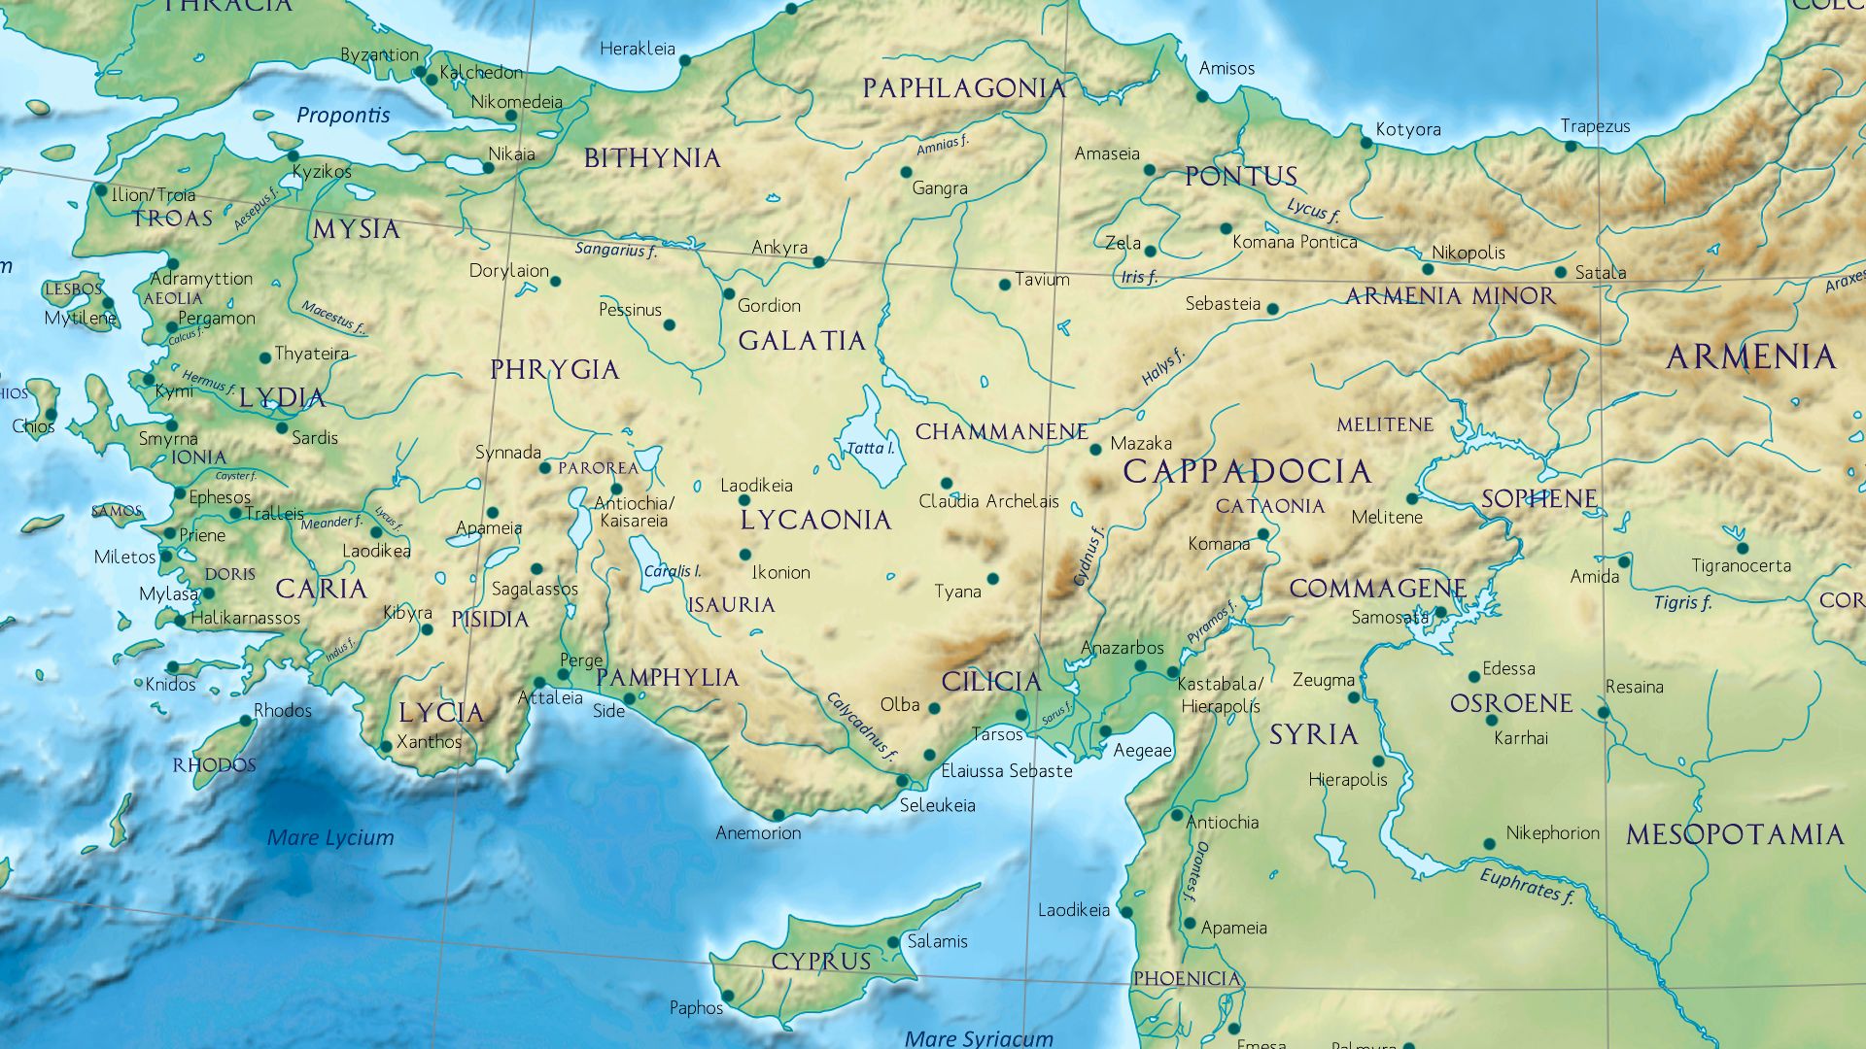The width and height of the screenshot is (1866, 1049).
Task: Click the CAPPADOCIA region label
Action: tap(1247, 472)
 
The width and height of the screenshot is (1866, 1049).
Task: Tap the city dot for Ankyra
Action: tap(818, 262)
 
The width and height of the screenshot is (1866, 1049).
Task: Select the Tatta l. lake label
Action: tap(870, 448)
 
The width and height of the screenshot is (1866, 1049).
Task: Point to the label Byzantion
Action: tap(379, 55)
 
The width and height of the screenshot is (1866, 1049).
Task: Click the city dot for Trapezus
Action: tap(1571, 147)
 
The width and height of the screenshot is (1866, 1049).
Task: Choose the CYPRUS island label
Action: tap(821, 962)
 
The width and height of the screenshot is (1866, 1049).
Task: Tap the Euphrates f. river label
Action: tap(1526, 885)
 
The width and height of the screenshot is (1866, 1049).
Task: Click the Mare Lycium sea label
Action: tap(330, 837)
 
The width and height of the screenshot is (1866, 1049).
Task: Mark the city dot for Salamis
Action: tap(893, 942)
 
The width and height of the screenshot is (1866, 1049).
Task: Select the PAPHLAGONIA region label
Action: tap(963, 89)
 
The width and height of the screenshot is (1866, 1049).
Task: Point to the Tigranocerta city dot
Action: tap(1743, 548)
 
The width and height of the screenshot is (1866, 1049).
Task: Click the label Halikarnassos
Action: tap(246, 618)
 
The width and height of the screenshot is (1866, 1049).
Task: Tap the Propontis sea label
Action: tap(343, 116)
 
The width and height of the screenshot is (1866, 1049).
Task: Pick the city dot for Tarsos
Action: tap(1020, 715)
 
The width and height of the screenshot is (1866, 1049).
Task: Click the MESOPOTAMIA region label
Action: tap(1735, 834)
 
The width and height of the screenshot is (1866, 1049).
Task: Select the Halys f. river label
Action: tap(1163, 366)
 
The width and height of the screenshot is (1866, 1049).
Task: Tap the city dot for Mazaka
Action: tap(1095, 449)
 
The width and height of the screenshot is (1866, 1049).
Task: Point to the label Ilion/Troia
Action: tap(154, 195)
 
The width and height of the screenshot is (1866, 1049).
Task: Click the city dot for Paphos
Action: tap(728, 996)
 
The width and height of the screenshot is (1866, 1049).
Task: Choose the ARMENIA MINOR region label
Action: tap(1450, 296)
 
